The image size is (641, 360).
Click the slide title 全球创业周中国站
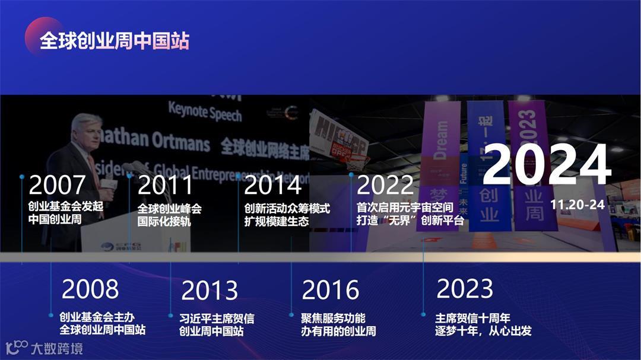114,41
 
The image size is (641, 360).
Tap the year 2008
90,289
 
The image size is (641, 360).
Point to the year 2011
166,185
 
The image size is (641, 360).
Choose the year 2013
210,291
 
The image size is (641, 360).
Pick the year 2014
273,185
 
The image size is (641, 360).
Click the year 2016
331,290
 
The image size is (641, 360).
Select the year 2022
385,185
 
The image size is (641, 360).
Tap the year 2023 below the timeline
465,289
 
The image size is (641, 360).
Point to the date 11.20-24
577,205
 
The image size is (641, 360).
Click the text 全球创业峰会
170,209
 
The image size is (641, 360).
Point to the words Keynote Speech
205,111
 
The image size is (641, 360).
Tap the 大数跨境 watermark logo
44,348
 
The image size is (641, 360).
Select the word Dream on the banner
441,139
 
